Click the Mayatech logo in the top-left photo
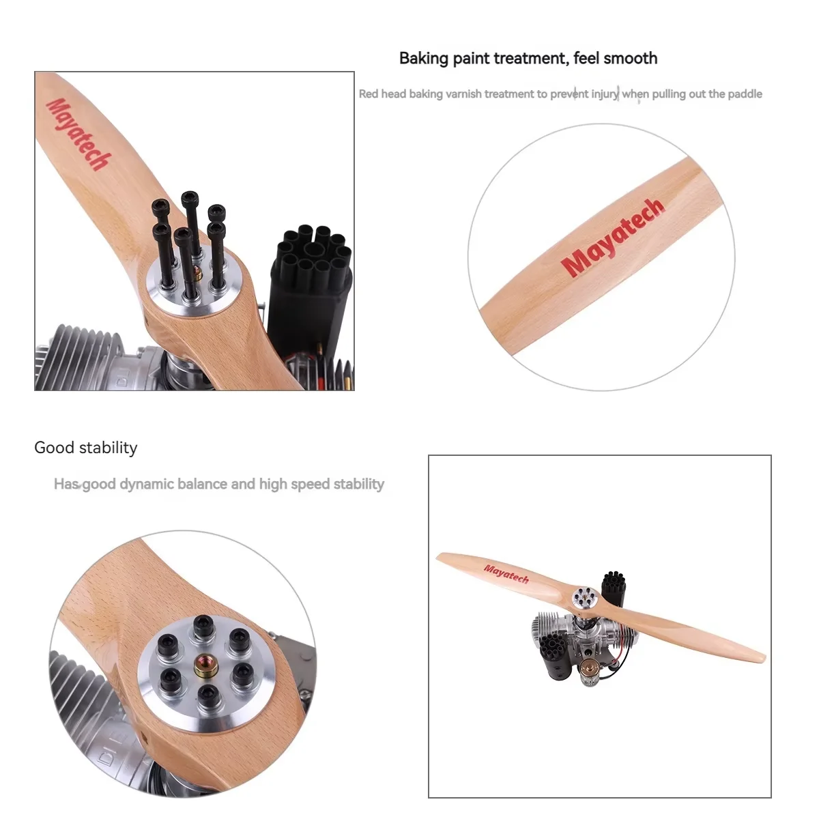click(78, 134)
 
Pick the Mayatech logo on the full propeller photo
click(506, 574)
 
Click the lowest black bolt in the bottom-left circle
click(208, 695)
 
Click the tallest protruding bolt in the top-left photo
click(192, 225)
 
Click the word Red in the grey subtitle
click(368, 94)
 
